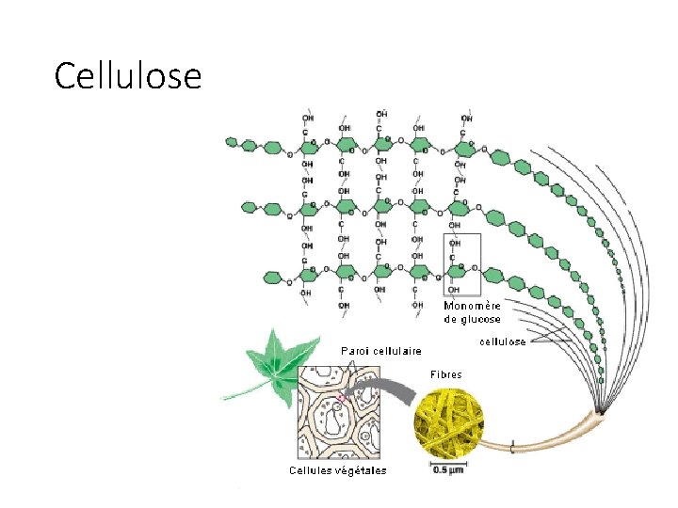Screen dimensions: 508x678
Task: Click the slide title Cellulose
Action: (x=128, y=75)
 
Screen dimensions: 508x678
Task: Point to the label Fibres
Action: (x=446, y=374)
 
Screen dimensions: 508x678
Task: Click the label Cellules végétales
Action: (x=336, y=470)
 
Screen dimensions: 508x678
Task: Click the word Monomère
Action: (x=472, y=306)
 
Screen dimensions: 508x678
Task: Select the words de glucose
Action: (x=472, y=319)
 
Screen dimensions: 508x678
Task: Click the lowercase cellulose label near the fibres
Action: (x=504, y=341)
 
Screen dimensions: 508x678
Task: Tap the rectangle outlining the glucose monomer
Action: (x=461, y=263)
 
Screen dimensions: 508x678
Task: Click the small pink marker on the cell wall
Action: (x=343, y=399)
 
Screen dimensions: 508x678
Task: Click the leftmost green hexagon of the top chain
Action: (x=232, y=142)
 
